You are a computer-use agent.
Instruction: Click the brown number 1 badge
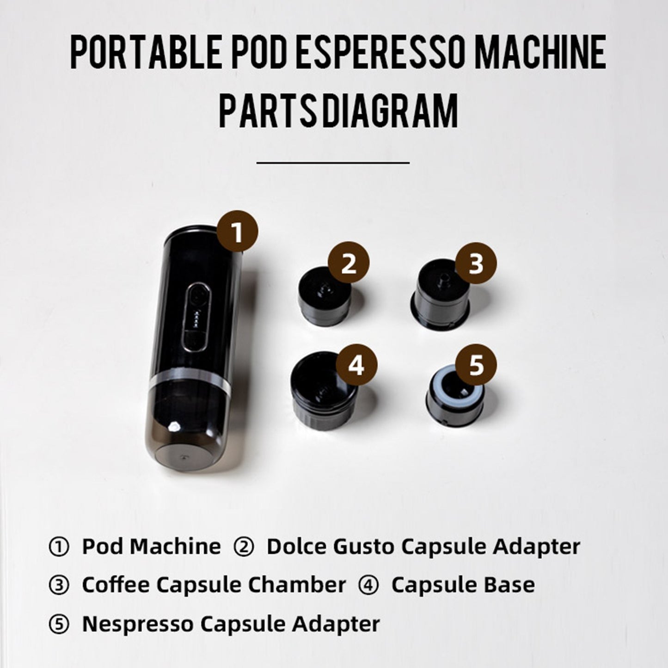(238, 231)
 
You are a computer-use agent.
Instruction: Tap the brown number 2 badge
(349, 263)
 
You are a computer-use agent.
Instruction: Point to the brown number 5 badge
(476, 364)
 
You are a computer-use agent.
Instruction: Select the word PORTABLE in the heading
(146, 52)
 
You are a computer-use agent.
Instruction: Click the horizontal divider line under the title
(333, 162)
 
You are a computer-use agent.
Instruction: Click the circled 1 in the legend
(59, 547)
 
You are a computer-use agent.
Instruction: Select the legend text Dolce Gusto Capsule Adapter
(423, 546)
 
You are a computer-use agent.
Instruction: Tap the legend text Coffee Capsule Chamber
(214, 585)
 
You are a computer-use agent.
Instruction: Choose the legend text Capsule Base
(463, 585)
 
